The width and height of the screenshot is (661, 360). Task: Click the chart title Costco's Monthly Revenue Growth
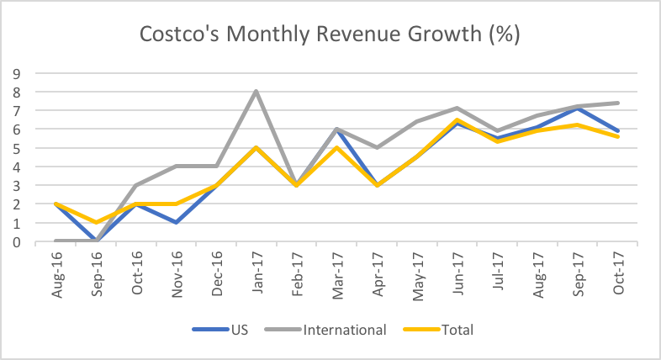[x=330, y=35]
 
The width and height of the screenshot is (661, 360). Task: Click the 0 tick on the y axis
[x=16, y=242]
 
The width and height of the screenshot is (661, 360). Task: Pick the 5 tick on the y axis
[x=16, y=147]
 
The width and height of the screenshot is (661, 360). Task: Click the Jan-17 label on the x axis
[x=256, y=272]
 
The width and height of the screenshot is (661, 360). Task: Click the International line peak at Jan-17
[x=256, y=91]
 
